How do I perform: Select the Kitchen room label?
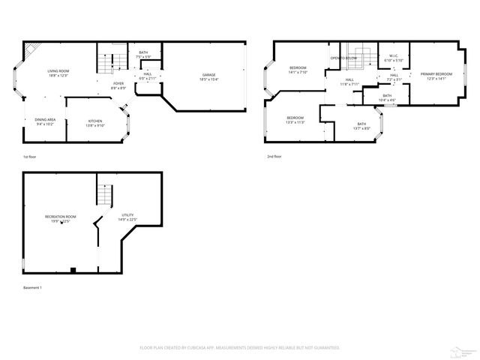point(95,123)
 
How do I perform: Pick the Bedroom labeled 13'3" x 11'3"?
point(295,119)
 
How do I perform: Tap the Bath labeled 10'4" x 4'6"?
point(387,97)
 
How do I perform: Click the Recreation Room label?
point(60,218)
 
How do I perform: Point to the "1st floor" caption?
point(30,157)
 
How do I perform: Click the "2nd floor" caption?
point(274,157)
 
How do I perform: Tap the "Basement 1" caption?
point(32,288)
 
